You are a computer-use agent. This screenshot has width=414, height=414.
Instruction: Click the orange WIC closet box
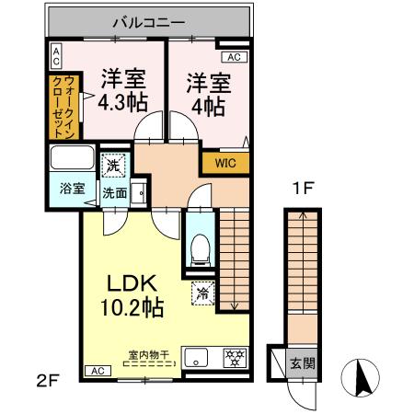pyautogui.click(x=224, y=163)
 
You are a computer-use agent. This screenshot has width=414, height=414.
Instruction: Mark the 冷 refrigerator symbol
pyautogui.click(x=202, y=294)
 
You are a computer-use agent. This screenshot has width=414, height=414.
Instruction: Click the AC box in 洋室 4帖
pyautogui.click(x=233, y=56)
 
